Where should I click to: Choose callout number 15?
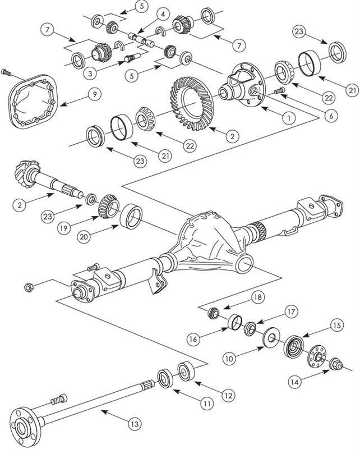[336, 325]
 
